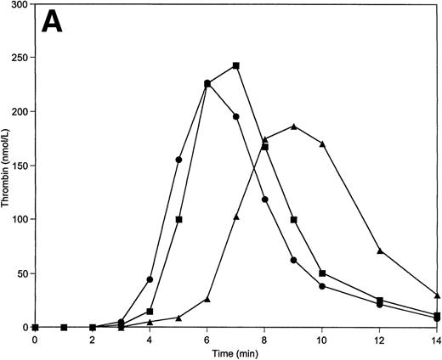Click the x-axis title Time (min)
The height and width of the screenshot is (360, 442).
[x=235, y=351]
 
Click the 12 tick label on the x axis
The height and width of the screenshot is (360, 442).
[x=379, y=340]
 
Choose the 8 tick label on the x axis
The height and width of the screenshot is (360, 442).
[x=264, y=340]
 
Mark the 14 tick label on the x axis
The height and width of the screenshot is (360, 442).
[x=436, y=340]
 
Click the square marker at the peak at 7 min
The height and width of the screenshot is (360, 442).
[x=235, y=65]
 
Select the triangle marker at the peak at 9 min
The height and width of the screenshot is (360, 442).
[x=293, y=127]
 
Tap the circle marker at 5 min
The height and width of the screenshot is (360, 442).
[x=178, y=160]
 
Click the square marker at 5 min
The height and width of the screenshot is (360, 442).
[x=178, y=219]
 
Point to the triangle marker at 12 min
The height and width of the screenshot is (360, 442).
[x=379, y=250]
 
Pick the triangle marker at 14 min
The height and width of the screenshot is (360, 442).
[x=437, y=295]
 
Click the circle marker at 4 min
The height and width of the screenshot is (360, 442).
[x=150, y=279]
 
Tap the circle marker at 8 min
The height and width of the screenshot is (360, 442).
[x=264, y=200]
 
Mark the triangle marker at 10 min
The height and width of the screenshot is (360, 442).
[x=322, y=143]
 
